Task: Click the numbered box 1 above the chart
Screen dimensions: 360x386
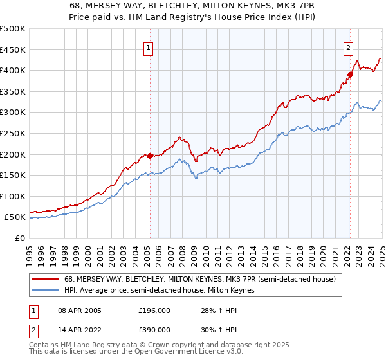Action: coord(149,47)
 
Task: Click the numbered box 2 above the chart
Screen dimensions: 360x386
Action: coord(348,47)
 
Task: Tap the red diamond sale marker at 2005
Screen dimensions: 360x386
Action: coord(150,156)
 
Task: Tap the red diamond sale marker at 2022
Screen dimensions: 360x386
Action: coord(351,75)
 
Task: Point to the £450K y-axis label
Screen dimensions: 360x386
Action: coord(13,50)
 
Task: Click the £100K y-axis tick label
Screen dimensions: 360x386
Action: coord(13,196)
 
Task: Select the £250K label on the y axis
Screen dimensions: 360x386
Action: coord(13,133)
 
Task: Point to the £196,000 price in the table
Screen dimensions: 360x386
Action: coord(154,310)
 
